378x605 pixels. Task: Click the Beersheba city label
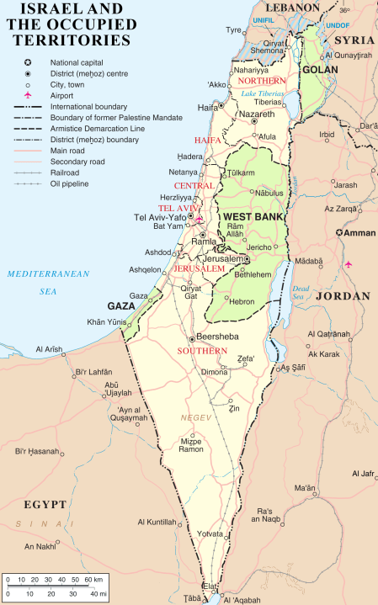[218, 337]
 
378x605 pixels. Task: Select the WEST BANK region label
[249, 217]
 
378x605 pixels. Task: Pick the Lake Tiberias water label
[263, 93]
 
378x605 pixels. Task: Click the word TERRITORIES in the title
[68, 39]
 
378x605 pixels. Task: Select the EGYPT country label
[45, 504]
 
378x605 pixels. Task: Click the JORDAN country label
[343, 296]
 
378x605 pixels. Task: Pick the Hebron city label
[243, 300]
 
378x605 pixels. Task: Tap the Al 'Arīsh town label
[51, 349]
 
